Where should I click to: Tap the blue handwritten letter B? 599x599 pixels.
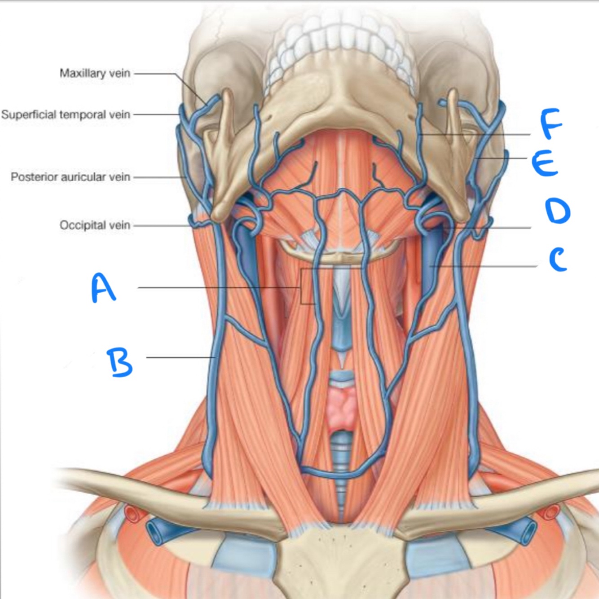click(x=119, y=362)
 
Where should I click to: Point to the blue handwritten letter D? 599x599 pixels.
click(x=557, y=211)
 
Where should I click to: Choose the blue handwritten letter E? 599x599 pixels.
click(x=545, y=163)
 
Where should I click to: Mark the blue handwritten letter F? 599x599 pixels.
click(x=551, y=123)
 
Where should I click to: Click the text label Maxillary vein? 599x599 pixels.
click(x=95, y=73)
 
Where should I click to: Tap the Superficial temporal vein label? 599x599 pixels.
click(x=66, y=115)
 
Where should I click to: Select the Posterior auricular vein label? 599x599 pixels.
click(x=70, y=177)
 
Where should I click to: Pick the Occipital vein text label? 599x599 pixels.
click(x=95, y=225)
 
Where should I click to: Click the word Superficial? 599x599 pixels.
click(x=28, y=115)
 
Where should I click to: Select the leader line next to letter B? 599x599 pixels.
click(x=180, y=357)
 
